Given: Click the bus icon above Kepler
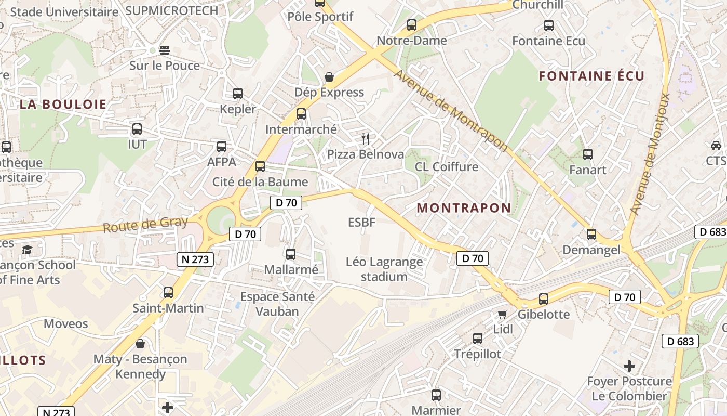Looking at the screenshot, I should (238, 94).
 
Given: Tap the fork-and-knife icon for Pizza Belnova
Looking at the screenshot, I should (366, 138).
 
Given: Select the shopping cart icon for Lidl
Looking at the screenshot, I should (502, 314).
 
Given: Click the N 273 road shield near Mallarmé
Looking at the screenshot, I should (195, 259).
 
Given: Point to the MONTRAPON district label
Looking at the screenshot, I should (464, 208).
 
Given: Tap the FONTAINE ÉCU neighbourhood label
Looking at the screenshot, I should (591, 76).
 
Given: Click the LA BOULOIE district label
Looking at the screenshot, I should (63, 104).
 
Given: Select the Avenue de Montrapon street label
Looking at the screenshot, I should (450, 110).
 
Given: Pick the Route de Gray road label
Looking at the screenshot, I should (145, 225).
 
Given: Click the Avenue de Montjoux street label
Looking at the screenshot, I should (650, 154).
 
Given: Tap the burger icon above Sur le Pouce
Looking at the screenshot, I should (165, 50).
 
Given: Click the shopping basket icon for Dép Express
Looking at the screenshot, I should (329, 77).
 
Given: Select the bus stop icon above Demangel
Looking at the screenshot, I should (591, 234).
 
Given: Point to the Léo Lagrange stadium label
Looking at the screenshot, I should (384, 269).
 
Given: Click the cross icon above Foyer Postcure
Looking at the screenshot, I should (629, 366).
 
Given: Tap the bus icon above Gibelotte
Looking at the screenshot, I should (544, 299).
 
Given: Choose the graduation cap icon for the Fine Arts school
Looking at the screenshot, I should (27, 250).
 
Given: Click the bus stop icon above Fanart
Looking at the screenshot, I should (588, 154).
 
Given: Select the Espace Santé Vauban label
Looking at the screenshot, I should (277, 304).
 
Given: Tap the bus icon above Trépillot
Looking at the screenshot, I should (478, 339).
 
